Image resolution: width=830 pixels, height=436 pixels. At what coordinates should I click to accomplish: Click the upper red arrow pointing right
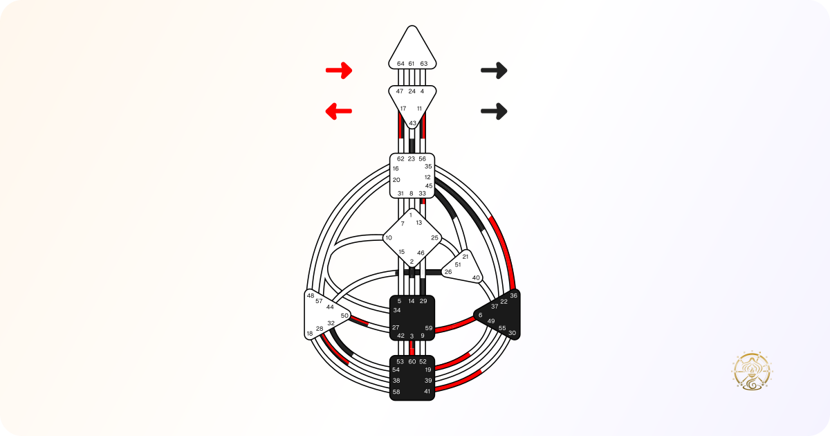[339, 71]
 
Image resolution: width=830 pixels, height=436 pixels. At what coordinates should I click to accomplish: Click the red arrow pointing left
[339, 111]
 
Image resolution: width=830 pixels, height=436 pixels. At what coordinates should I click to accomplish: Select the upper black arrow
[494, 71]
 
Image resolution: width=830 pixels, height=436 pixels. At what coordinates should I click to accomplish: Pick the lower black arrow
[494, 111]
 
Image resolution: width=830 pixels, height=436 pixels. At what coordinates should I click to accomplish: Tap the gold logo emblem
[751, 371]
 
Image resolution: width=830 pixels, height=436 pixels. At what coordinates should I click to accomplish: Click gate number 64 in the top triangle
[400, 64]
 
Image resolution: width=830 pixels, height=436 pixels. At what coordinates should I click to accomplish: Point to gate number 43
[412, 123]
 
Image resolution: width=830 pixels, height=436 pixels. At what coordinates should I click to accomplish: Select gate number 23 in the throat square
[412, 158]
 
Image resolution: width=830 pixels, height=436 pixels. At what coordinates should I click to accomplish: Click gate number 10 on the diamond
[388, 237]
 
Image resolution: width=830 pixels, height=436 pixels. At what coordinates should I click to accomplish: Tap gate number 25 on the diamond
[434, 237]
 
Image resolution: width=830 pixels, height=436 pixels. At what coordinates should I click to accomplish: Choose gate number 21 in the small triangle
[465, 257]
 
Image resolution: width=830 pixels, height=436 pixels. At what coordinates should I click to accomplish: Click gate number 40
[476, 278]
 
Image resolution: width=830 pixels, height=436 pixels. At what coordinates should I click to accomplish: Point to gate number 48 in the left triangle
[311, 296]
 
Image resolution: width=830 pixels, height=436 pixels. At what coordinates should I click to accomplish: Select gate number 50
[344, 316]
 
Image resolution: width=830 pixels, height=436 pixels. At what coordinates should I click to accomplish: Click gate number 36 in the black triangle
[513, 296]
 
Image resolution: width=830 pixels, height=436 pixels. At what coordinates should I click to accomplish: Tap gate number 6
[480, 315]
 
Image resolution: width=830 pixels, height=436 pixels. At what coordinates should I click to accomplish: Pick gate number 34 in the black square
[397, 310]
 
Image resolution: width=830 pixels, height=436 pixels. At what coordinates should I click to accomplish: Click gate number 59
[429, 328]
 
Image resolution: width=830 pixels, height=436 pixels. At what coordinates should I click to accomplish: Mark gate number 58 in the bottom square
[396, 392]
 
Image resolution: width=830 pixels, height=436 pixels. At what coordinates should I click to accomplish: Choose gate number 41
[427, 392]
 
